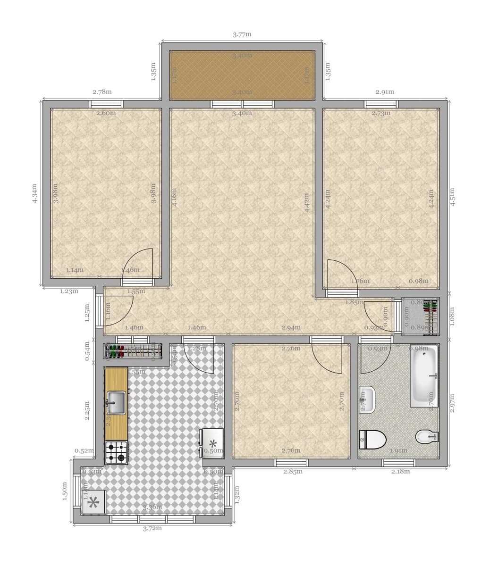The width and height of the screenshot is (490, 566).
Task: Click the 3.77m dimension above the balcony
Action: [x=242, y=34]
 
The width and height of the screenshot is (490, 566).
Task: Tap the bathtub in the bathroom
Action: [x=423, y=375]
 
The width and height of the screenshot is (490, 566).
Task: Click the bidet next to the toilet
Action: [x=426, y=437]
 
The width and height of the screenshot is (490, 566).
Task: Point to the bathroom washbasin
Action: [x=367, y=399]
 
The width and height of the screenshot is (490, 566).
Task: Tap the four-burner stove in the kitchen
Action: [x=116, y=452]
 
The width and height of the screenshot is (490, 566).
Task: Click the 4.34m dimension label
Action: [x=34, y=193]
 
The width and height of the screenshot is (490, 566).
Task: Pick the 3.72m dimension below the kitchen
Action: [x=152, y=528]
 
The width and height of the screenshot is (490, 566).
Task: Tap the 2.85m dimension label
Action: [x=293, y=471]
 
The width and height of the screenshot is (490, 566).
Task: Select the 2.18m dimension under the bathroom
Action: [x=400, y=471]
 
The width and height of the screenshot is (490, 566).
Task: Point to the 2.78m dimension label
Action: [x=102, y=92]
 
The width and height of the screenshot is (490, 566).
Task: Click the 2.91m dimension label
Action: [x=385, y=92]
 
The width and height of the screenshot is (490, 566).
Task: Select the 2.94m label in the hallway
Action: [x=291, y=327]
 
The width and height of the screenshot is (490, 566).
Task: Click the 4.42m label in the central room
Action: [x=307, y=203]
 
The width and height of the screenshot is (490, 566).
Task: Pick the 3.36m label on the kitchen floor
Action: [x=152, y=508]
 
